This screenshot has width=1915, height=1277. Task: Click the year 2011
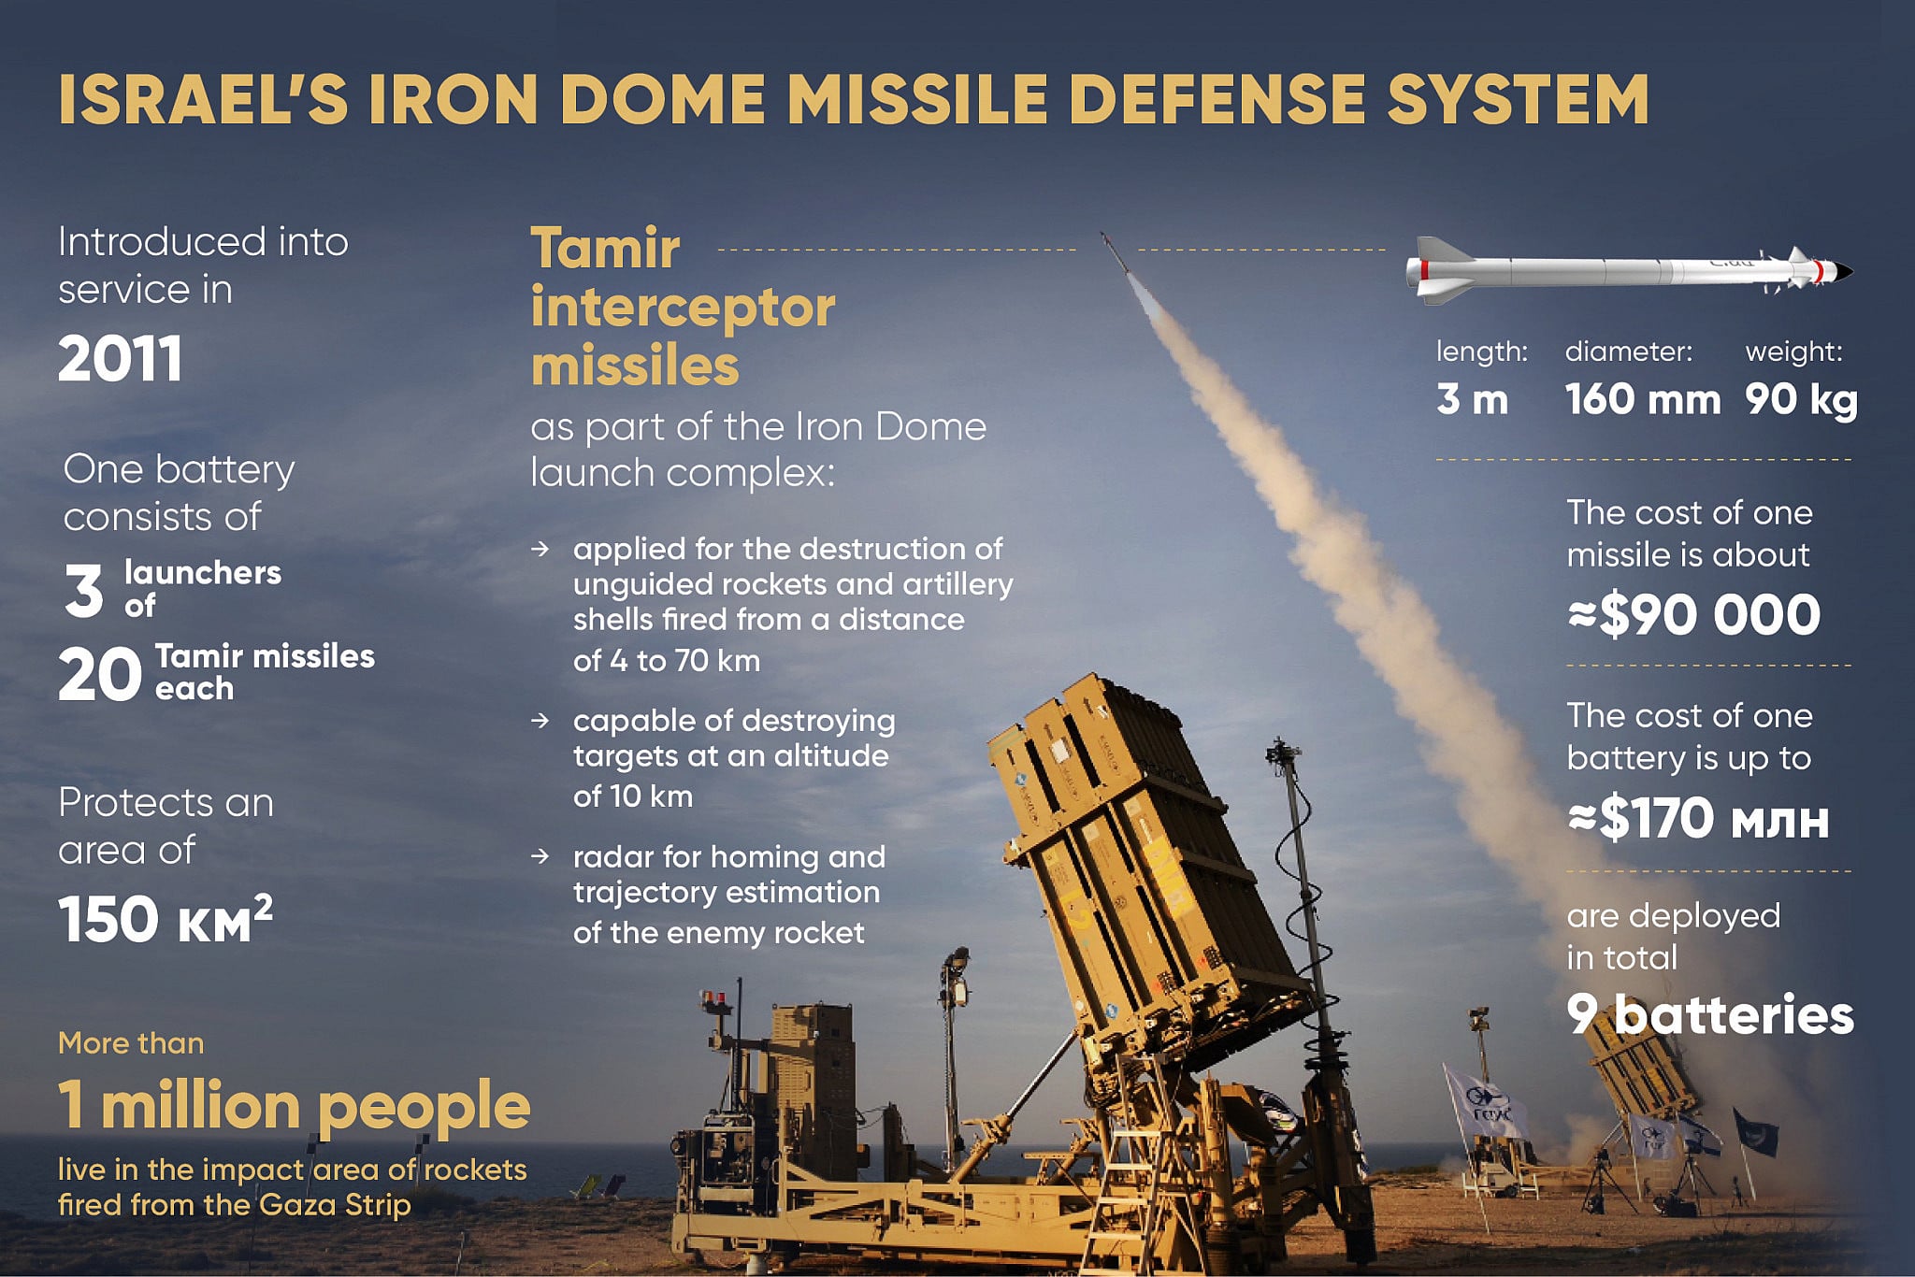[120, 359]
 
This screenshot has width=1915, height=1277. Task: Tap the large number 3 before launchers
[83, 591]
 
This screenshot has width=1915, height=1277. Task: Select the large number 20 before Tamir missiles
[99, 675]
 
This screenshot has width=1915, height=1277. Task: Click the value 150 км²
[165, 919]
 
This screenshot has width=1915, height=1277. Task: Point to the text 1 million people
[294, 1106]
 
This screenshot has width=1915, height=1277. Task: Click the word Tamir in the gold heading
[605, 249]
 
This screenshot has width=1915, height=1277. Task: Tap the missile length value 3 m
[1472, 400]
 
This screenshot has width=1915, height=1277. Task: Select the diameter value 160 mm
[1642, 400]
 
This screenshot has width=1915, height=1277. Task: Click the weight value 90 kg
[1801, 400]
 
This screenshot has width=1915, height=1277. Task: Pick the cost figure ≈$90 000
[1694, 615]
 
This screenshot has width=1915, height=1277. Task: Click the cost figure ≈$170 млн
[1698, 819]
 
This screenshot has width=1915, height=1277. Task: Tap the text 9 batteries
[1709, 1015]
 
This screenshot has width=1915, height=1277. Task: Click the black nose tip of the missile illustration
[1844, 272]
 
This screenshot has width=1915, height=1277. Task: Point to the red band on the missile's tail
[1424, 271]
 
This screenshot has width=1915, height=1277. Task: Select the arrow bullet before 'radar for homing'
[540, 856]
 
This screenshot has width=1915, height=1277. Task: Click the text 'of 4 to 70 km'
[666, 661]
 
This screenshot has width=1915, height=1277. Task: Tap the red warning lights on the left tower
[713, 997]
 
